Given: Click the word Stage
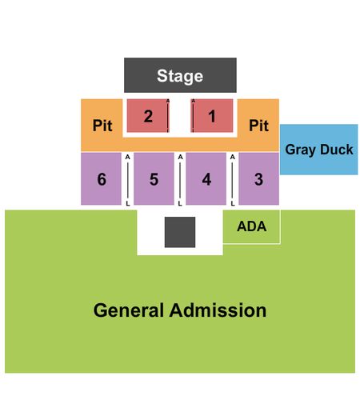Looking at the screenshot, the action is [180, 76].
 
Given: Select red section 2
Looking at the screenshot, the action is [148, 116].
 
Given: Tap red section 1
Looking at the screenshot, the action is [212, 116].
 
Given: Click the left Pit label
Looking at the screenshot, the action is [102, 125].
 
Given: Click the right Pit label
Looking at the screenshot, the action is [258, 125].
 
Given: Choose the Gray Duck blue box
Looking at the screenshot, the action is [318, 150].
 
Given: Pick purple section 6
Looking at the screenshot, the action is [101, 178].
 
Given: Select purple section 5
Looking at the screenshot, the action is [154, 178].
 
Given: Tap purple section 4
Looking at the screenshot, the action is [206, 178].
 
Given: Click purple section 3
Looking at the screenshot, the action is [259, 178].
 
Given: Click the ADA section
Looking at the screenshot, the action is [251, 226].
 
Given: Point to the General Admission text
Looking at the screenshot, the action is [180, 310].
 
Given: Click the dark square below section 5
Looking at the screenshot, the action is [180, 232].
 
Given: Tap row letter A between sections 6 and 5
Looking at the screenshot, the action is [128, 158].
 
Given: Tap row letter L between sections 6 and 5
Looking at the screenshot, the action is [128, 204].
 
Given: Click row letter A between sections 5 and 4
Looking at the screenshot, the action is [180, 158].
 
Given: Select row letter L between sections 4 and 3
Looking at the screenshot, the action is [233, 204].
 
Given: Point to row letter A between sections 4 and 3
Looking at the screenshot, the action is [233, 158].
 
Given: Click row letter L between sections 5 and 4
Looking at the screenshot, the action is [180, 204].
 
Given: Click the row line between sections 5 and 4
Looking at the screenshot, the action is [180, 181].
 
